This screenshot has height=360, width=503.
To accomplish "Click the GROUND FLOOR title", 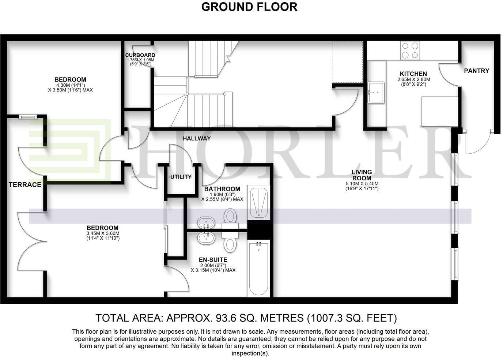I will [249, 7].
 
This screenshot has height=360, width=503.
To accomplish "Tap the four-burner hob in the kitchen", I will [410, 50].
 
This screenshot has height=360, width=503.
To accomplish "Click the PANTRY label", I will [476, 71].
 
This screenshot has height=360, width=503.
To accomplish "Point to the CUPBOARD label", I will [140, 55].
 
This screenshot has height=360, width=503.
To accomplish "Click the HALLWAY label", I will [197, 138].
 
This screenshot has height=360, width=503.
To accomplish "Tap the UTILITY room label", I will [181, 177].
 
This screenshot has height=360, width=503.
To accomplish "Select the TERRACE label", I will [25, 185].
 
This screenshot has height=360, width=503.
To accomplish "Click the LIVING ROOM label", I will [362, 175].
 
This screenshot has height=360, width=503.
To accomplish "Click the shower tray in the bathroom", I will [258, 203].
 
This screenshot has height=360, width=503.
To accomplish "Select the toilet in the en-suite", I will [230, 242].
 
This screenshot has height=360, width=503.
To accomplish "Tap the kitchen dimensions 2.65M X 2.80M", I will [413, 79].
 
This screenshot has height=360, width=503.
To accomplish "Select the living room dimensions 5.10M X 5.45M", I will [362, 184].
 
